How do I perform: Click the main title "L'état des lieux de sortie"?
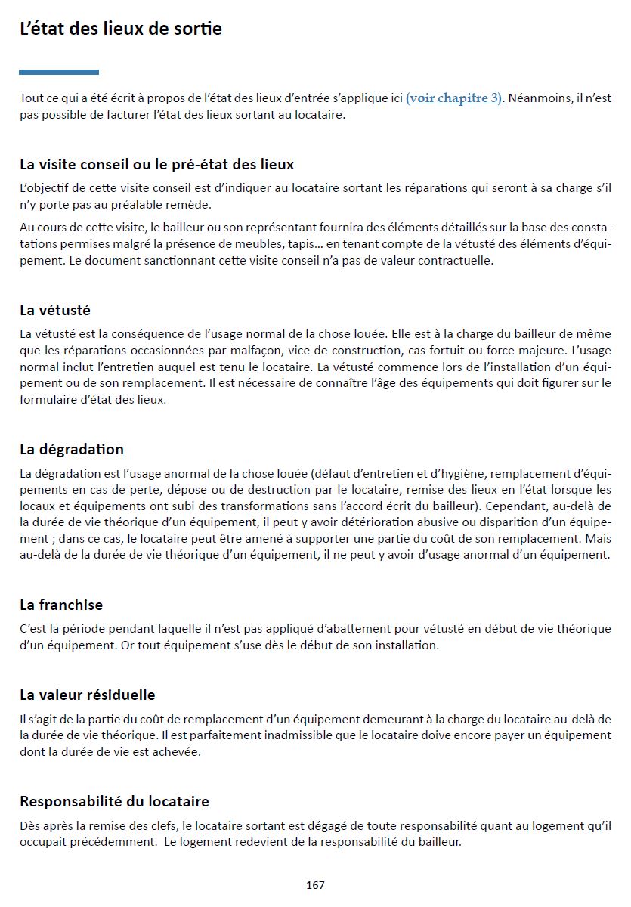click(x=121, y=29)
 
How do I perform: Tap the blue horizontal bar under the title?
click(x=59, y=73)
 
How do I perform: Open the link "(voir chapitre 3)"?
click(x=454, y=98)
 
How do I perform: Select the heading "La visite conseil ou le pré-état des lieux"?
click(x=156, y=164)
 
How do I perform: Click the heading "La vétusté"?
click(x=55, y=310)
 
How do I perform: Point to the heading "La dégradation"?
click(x=72, y=449)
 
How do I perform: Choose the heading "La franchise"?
click(x=61, y=605)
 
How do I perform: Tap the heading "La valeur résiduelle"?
click(x=88, y=695)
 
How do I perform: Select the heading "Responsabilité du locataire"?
click(x=114, y=801)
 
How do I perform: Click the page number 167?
click(x=315, y=884)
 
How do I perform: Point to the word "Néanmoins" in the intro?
click(x=537, y=98)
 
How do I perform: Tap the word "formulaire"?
click(x=48, y=400)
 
